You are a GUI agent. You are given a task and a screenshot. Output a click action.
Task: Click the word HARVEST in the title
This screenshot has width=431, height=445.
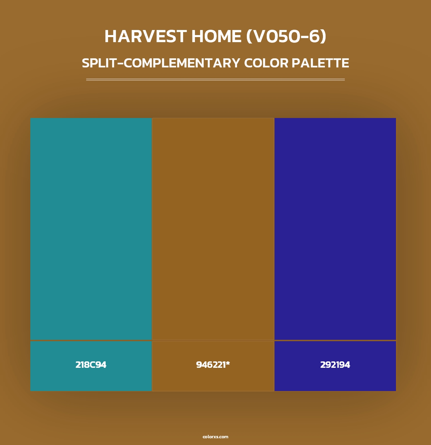click(145, 36)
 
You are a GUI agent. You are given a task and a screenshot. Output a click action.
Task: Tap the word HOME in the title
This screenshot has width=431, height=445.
click(216, 36)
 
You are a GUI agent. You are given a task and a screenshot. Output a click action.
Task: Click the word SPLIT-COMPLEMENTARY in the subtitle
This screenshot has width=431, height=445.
click(161, 63)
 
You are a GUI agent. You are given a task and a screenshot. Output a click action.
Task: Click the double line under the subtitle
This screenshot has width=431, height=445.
click(215, 80)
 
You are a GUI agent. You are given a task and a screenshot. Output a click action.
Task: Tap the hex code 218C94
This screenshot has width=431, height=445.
click(91, 365)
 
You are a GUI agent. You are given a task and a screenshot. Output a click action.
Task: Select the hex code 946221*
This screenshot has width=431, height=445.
click(213, 365)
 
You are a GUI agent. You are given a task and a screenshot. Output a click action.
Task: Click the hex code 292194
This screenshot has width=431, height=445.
click(335, 365)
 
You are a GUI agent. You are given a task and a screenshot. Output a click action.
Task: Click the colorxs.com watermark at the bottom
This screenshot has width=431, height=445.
click(215, 437)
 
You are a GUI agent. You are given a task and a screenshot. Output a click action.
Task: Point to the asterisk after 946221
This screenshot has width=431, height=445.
click(228, 363)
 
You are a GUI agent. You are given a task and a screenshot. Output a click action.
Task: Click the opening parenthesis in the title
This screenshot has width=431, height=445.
click(250, 37)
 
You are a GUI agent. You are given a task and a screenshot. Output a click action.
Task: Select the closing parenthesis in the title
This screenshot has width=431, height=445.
click(324, 37)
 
